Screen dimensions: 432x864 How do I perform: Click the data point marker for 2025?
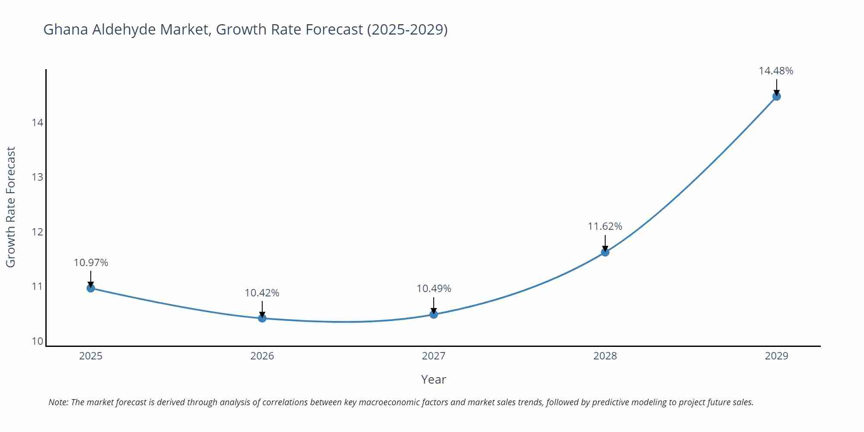click(x=91, y=288)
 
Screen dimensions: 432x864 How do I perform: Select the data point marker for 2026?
click(x=262, y=318)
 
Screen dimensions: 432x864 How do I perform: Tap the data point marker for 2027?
click(x=434, y=314)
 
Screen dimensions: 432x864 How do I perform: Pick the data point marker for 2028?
click(x=605, y=252)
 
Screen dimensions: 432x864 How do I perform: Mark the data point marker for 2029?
click(x=776, y=96)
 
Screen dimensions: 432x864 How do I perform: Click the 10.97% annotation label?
click(x=91, y=263)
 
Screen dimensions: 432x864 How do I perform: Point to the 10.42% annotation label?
click(x=262, y=293)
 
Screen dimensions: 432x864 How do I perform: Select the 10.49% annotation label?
click(x=434, y=289)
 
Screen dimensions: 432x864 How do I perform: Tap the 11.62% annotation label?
click(x=605, y=226)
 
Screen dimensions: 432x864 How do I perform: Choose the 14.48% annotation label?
click(x=776, y=71)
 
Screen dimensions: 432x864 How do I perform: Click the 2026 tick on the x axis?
click(x=262, y=356)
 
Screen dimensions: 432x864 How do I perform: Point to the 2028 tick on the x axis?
click(x=605, y=356)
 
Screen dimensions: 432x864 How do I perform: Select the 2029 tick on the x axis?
click(x=776, y=356)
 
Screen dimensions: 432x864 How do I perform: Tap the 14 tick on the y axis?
click(x=38, y=123)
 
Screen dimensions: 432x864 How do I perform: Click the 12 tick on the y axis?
click(x=38, y=232)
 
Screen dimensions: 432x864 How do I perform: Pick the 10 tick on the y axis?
click(x=38, y=341)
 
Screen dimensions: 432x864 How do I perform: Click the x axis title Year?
click(x=433, y=379)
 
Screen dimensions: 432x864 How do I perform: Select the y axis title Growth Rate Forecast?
click(x=11, y=207)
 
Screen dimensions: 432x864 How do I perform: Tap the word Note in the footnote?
click(x=58, y=402)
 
